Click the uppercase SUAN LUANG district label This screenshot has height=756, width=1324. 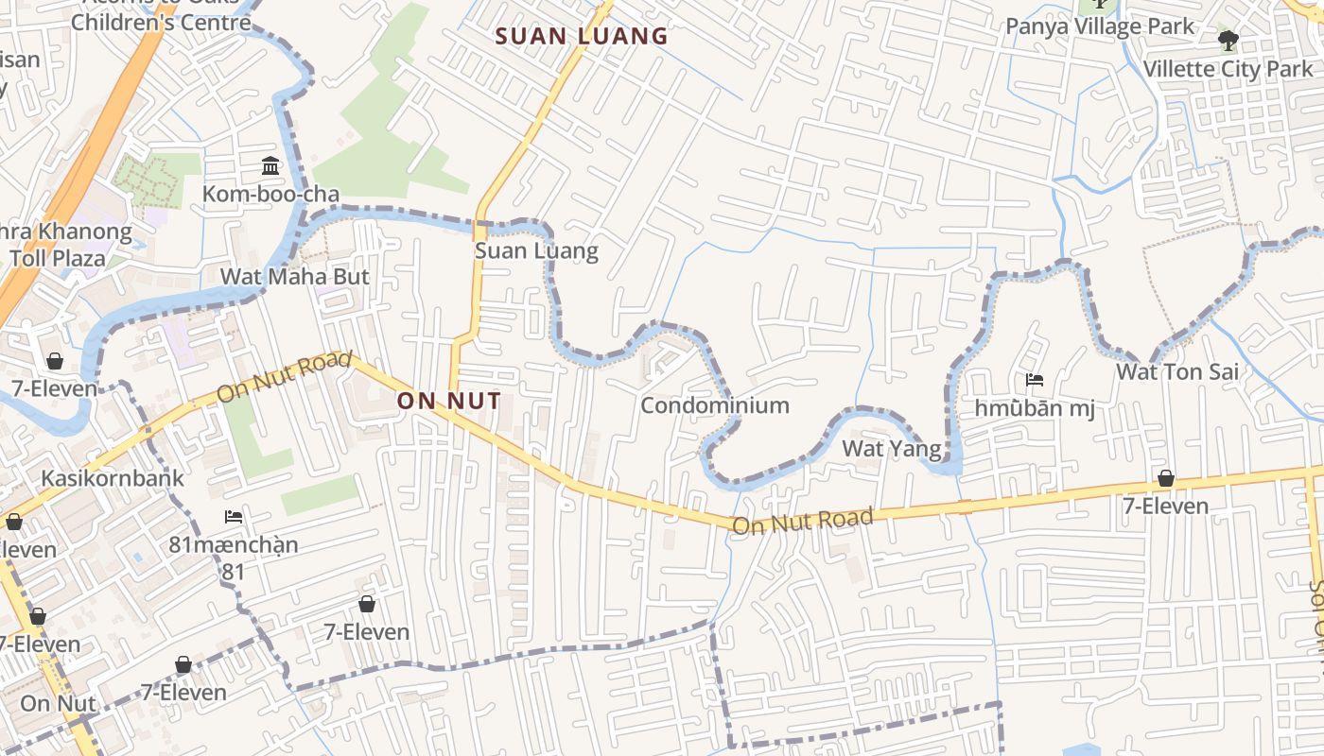tap(582, 37)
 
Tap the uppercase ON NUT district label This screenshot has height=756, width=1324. tap(448, 401)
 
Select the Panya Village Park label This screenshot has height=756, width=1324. tap(1100, 26)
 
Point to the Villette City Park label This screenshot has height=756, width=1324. tap(1228, 69)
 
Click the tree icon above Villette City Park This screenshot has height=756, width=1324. tap(1228, 41)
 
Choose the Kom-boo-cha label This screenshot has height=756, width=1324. tap(270, 195)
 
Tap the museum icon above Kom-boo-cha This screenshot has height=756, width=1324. tap(270, 166)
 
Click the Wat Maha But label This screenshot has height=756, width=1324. tap(294, 277)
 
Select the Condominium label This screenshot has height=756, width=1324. tap(715, 405)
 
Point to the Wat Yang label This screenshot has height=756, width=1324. tap(892, 448)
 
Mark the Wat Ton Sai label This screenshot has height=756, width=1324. tap(1176, 371)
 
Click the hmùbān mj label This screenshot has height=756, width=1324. tap(1035, 408)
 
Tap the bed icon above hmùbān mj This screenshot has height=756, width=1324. tap(1035, 381)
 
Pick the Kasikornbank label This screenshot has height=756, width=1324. tap(113, 478)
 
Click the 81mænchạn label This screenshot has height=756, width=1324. tap(234, 545)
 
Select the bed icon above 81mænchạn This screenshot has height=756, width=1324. tap(234, 517)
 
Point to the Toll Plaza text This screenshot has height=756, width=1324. tap(59, 257)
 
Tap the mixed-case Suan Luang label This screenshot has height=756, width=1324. tap(536, 250)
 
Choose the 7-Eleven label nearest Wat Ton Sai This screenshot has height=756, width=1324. tap(1165, 507)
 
